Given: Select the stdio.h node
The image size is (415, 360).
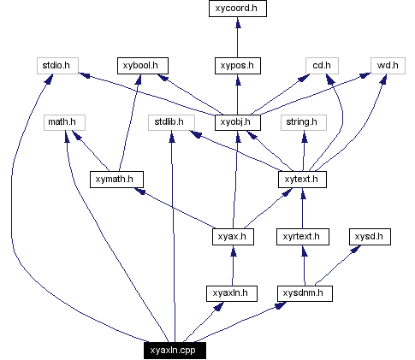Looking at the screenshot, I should (59, 65).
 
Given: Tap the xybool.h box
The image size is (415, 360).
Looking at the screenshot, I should (143, 65).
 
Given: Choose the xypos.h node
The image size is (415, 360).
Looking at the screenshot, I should (237, 65).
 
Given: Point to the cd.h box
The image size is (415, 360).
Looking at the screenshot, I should (323, 65).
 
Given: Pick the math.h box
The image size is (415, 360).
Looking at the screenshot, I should (62, 122).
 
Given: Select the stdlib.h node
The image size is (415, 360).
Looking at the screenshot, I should (169, 122).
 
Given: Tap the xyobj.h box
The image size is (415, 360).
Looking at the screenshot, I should (237, 122).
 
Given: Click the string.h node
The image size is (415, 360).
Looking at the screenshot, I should (303, 122).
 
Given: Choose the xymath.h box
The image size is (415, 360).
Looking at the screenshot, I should (116, 180).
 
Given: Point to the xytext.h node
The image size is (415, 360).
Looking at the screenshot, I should (303, 180).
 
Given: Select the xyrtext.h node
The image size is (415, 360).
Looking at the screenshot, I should (303, 237).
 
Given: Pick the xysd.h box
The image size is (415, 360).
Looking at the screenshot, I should (371, 237).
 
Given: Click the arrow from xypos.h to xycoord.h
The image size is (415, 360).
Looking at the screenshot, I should (237, 38).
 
